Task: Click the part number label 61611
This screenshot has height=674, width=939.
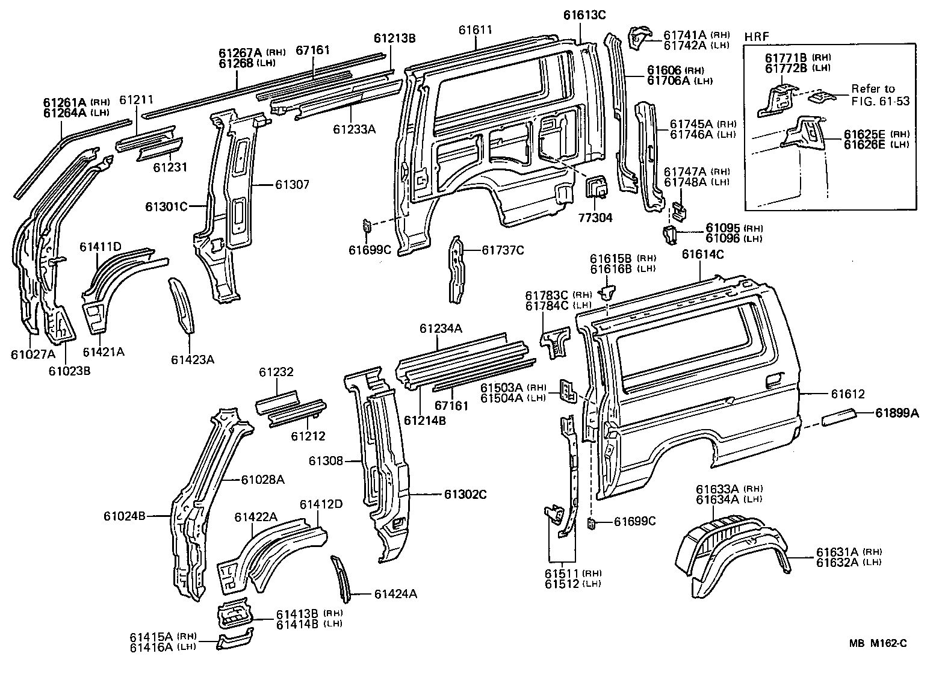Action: pos(475,29)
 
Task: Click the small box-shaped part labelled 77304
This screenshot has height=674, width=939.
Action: pos(597,188)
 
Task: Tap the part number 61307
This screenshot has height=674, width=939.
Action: pos(293,185)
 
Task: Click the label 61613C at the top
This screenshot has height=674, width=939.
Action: pos(584,15)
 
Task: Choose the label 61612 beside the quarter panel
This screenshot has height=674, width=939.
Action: pos(848,394)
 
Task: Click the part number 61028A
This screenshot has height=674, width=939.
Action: pos(262,480)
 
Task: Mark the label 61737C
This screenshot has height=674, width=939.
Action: pos(503,250)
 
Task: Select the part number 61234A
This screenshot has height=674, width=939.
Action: pos(441,329)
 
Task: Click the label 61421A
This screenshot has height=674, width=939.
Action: pos(104,352)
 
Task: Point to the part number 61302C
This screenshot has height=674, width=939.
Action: pos(465,494)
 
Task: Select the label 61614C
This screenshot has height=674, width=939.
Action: pos(702,254)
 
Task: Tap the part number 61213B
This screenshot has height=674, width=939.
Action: pos(394,39)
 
